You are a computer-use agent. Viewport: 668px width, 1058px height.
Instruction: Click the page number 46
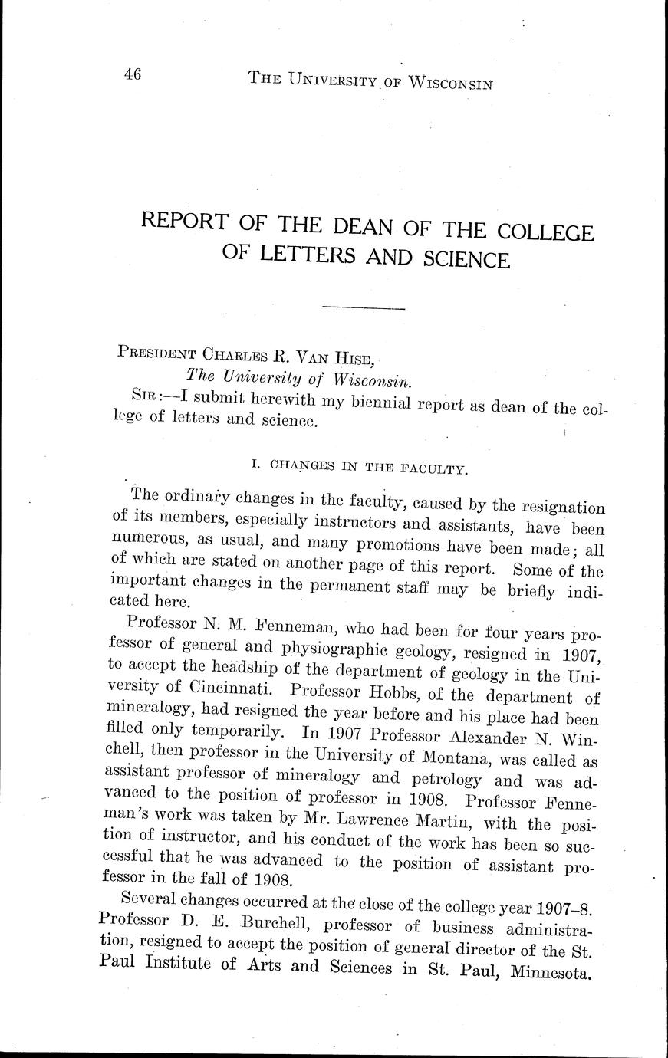[x=131, y=75]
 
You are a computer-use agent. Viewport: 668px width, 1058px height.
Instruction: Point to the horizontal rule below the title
[x=364, y=308]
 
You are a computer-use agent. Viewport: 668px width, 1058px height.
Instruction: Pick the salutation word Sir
[x=144, y=396]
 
